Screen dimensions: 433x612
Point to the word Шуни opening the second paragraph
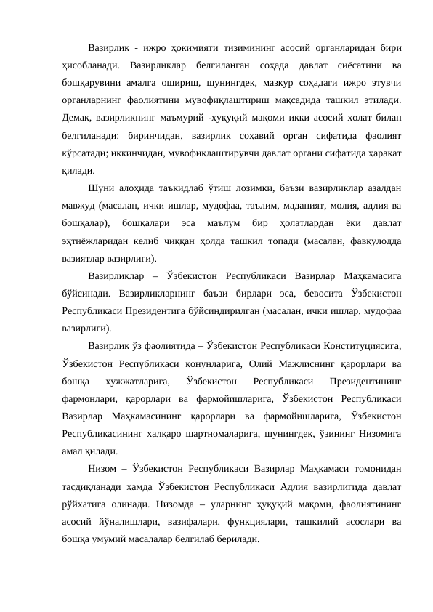101,186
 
